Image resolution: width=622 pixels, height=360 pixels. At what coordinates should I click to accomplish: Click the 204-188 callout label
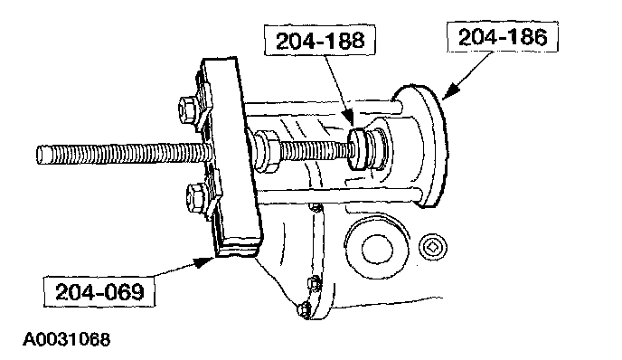coord(320,41)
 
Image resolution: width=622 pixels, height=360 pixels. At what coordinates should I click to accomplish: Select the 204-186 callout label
coord(503,37)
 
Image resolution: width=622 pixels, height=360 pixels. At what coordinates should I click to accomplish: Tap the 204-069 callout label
coord(99,292)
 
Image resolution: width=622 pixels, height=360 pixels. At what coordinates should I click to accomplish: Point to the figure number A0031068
coord(66,339)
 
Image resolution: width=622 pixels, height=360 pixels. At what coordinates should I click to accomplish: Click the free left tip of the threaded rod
coord(38,155)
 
